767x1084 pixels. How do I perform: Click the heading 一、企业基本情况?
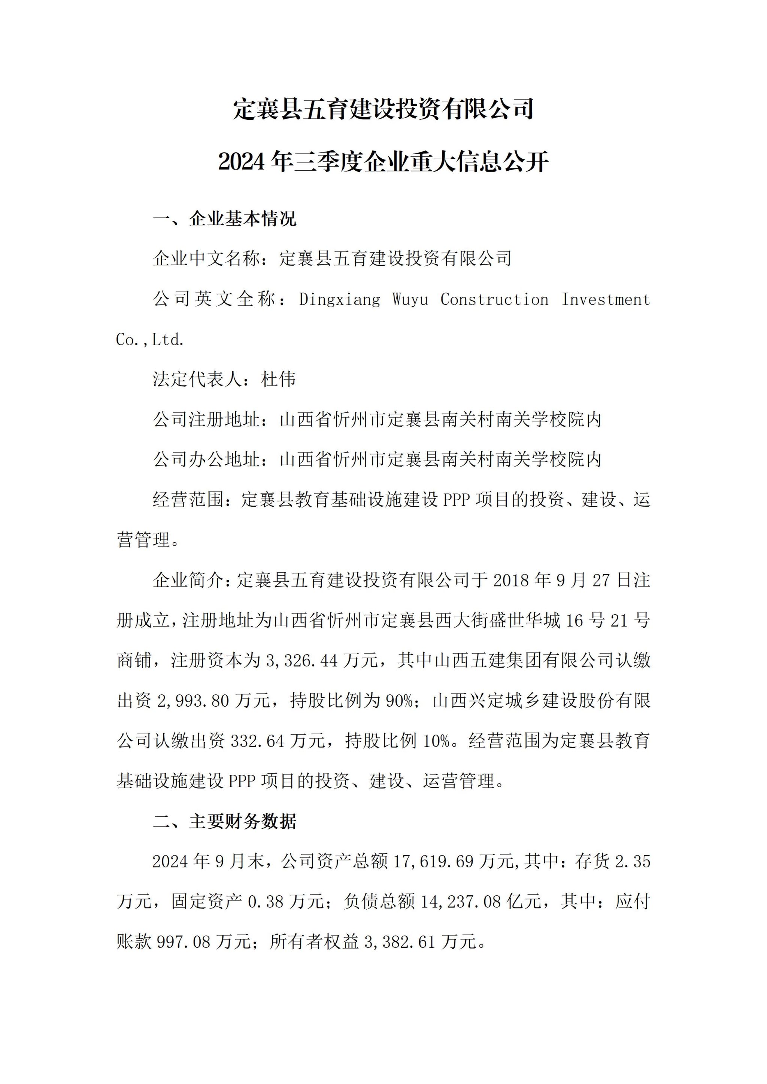tap(225, 219)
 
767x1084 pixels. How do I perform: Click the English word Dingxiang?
tap(340, 299)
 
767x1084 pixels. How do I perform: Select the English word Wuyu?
tap(410, 299)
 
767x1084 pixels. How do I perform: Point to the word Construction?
tap(494, 299)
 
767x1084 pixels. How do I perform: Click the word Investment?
tap(606, 299)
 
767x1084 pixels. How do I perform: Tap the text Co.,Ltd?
tap(150, 339)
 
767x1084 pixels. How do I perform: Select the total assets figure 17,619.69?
tap(433, 862)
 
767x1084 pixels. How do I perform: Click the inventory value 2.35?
tap(633, 862)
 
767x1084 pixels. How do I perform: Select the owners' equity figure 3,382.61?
tap(400, 943)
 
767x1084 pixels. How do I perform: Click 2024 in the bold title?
tap(242, 162)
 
